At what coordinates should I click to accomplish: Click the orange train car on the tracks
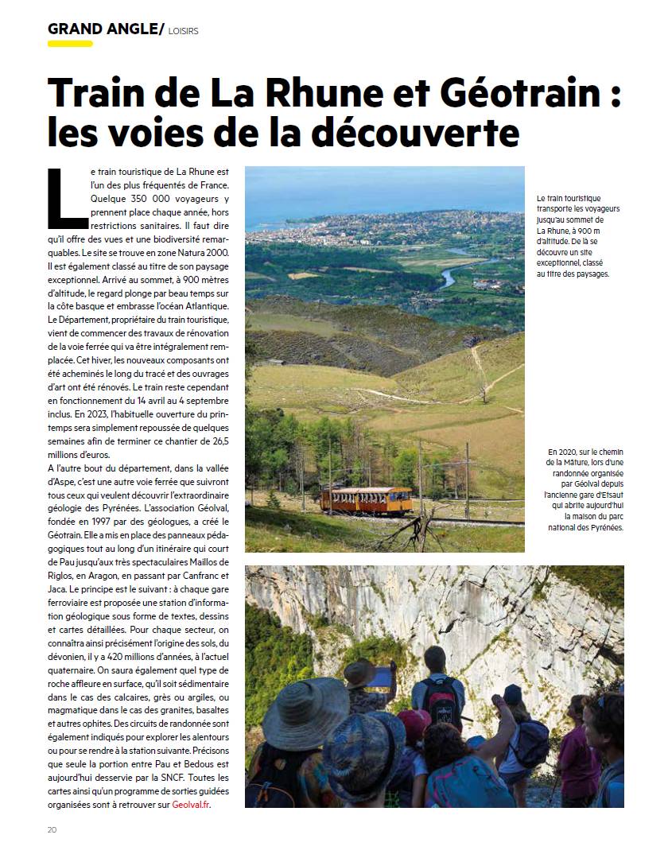366,499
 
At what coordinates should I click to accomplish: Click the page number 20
52,829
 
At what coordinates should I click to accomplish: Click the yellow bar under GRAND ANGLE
70,44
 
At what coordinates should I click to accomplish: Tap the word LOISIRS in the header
184,31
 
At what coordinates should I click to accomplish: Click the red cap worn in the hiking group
414,720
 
